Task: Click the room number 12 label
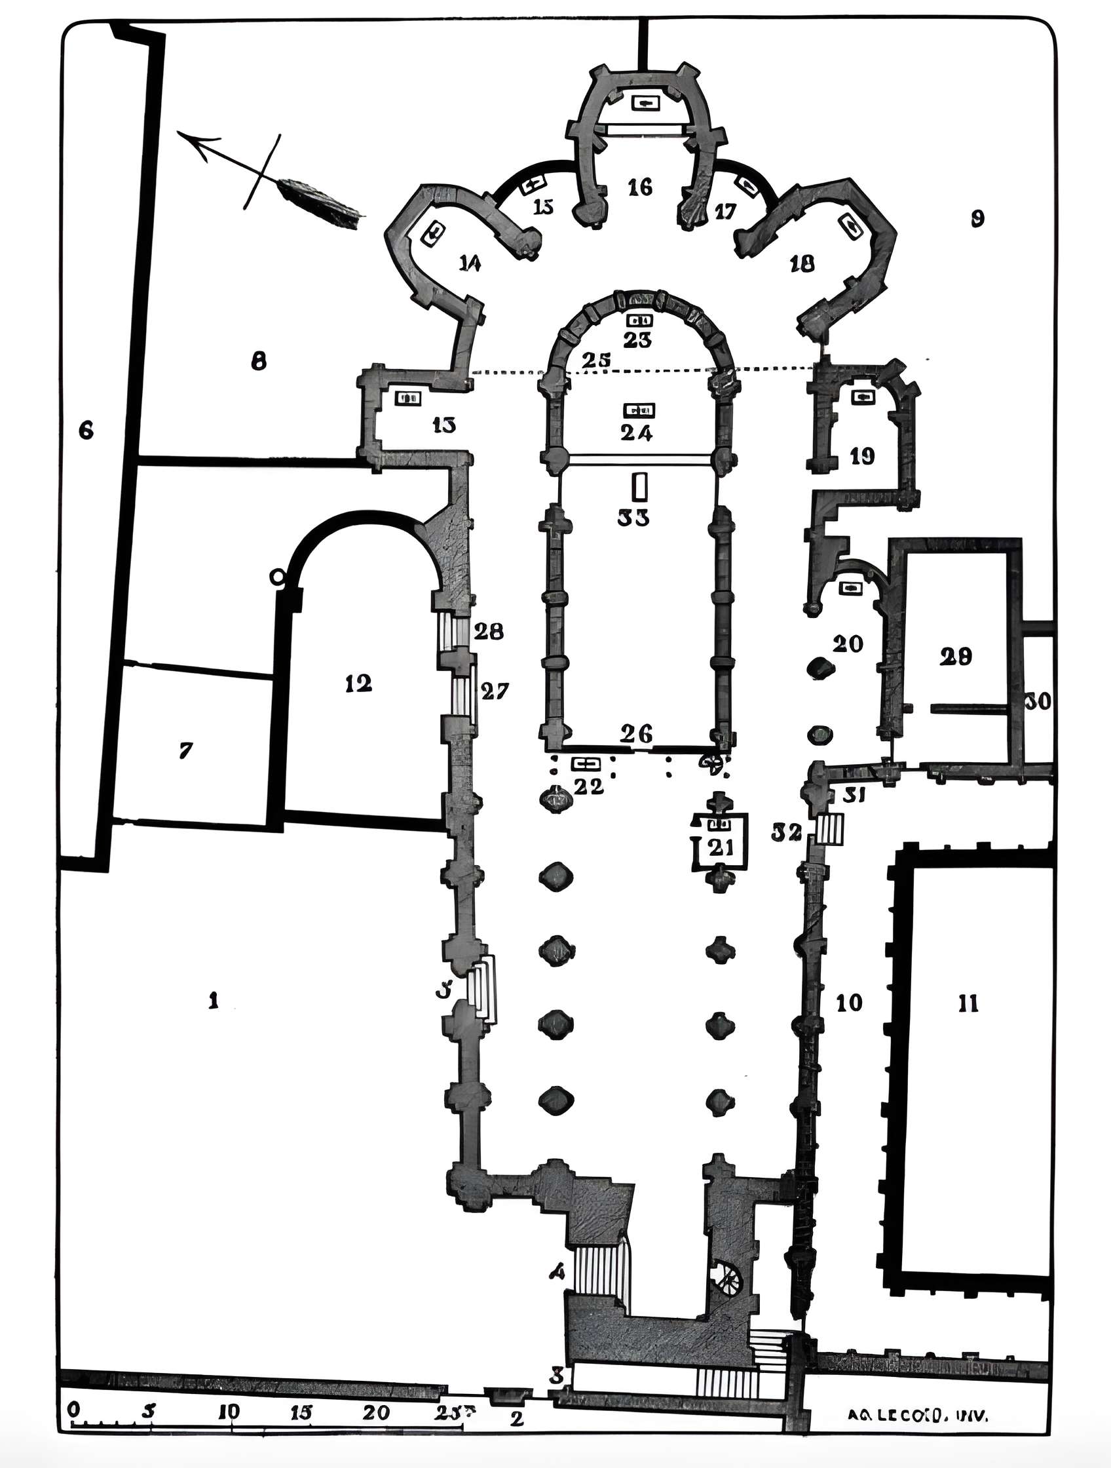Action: click(x=358, y=684)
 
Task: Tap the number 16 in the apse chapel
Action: click(x=640, y=188)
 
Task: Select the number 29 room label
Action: click(x=956, y=657)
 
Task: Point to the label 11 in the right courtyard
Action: click(x=968, y=1004)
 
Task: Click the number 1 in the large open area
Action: click(x=213, y=1000)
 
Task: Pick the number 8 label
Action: click(x=258, y=361)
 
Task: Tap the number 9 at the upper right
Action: click(x=977, y=218)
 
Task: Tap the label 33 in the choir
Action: click(x=633, y=518)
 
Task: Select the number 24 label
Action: click(x=637, y=433)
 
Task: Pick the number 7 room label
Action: click(x=186, y=750)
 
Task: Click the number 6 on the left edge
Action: click(x=86, y=431)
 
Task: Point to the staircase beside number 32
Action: click(x=830, y=830)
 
